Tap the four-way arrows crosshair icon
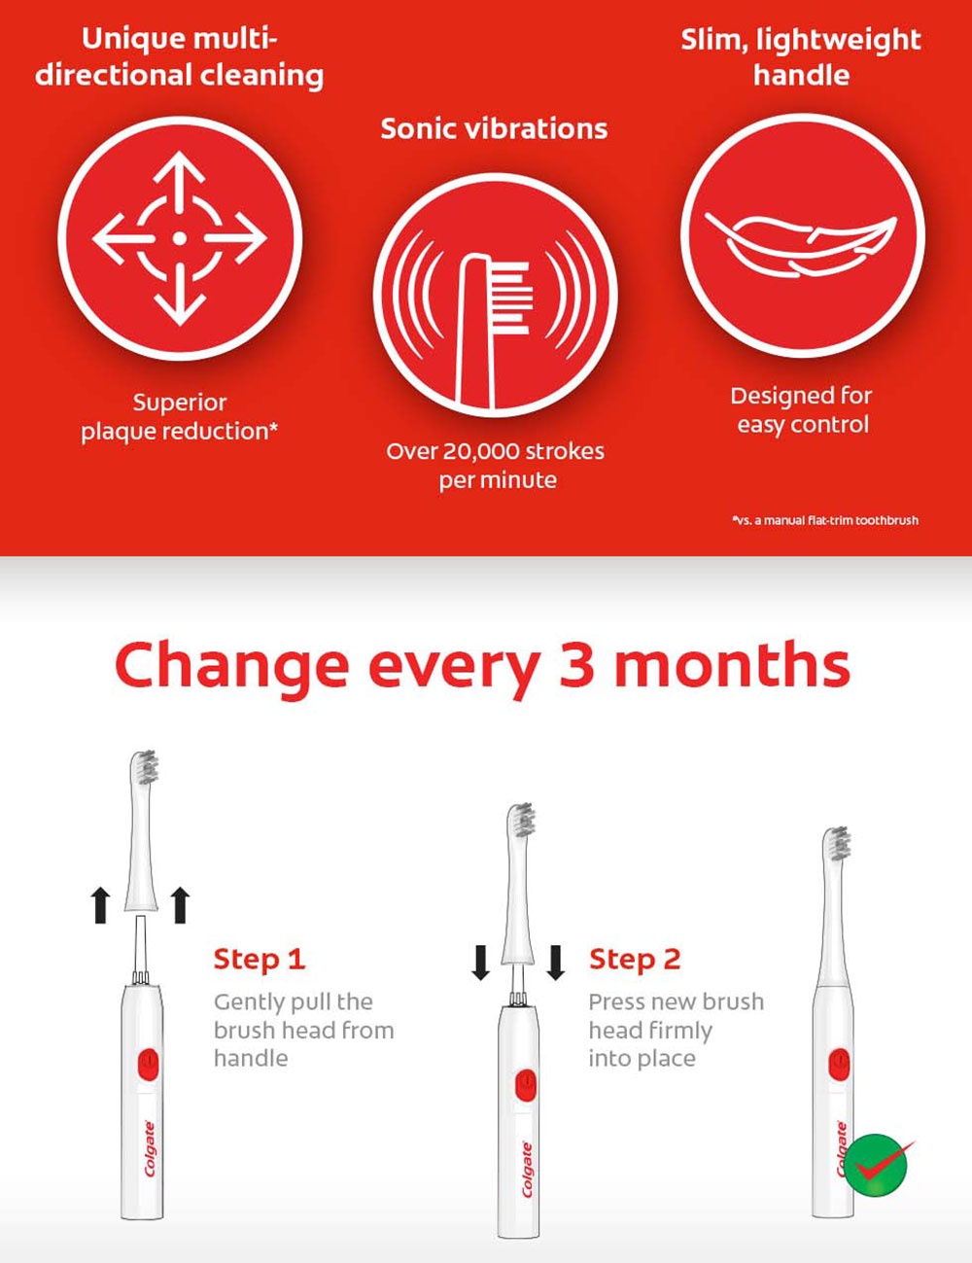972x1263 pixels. click(179, 238)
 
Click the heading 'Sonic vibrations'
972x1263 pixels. click(494, 128)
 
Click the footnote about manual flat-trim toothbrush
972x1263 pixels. click(825, 520)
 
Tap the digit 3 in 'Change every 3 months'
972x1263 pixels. click(576, 666)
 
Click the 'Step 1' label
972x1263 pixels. click(260, 960)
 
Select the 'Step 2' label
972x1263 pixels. click(635, 960)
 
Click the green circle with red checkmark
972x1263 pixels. click(876, 1164)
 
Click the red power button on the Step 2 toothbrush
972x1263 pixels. click(525, 1085)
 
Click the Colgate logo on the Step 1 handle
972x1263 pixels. click(149, 1148)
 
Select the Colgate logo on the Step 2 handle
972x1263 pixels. click(528, 1170)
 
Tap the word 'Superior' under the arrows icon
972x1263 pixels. click(180, 403)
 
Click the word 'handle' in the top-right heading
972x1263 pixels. click(801, 76)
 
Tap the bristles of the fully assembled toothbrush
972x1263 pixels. click(838, 844)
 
